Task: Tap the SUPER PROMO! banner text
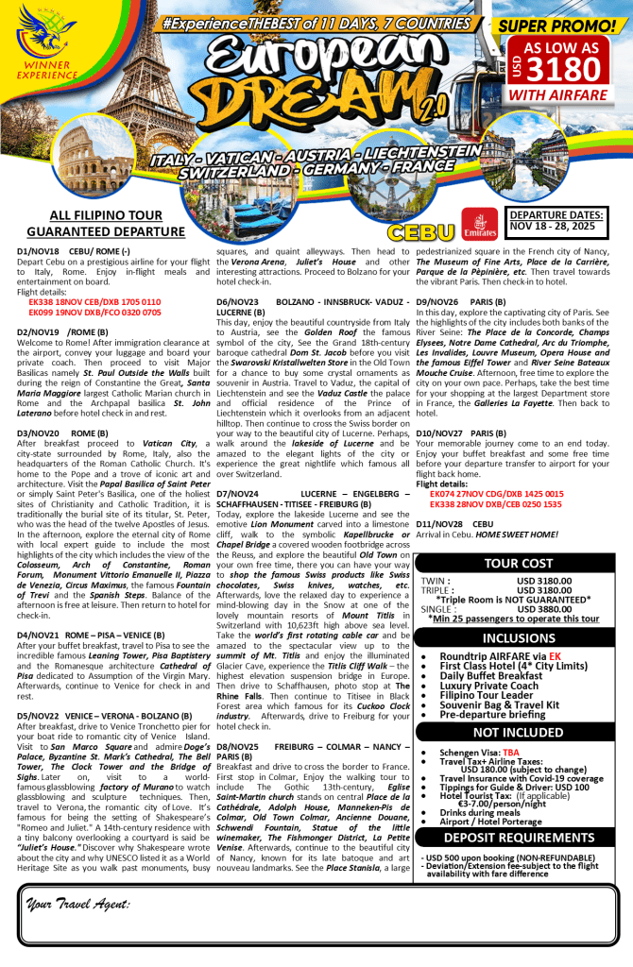click(566, 25)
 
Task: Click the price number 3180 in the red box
click(574, 69)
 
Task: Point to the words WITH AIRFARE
click(566, 95)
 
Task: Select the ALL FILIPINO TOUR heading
click(90, 215)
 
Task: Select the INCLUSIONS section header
click(520, 638)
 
